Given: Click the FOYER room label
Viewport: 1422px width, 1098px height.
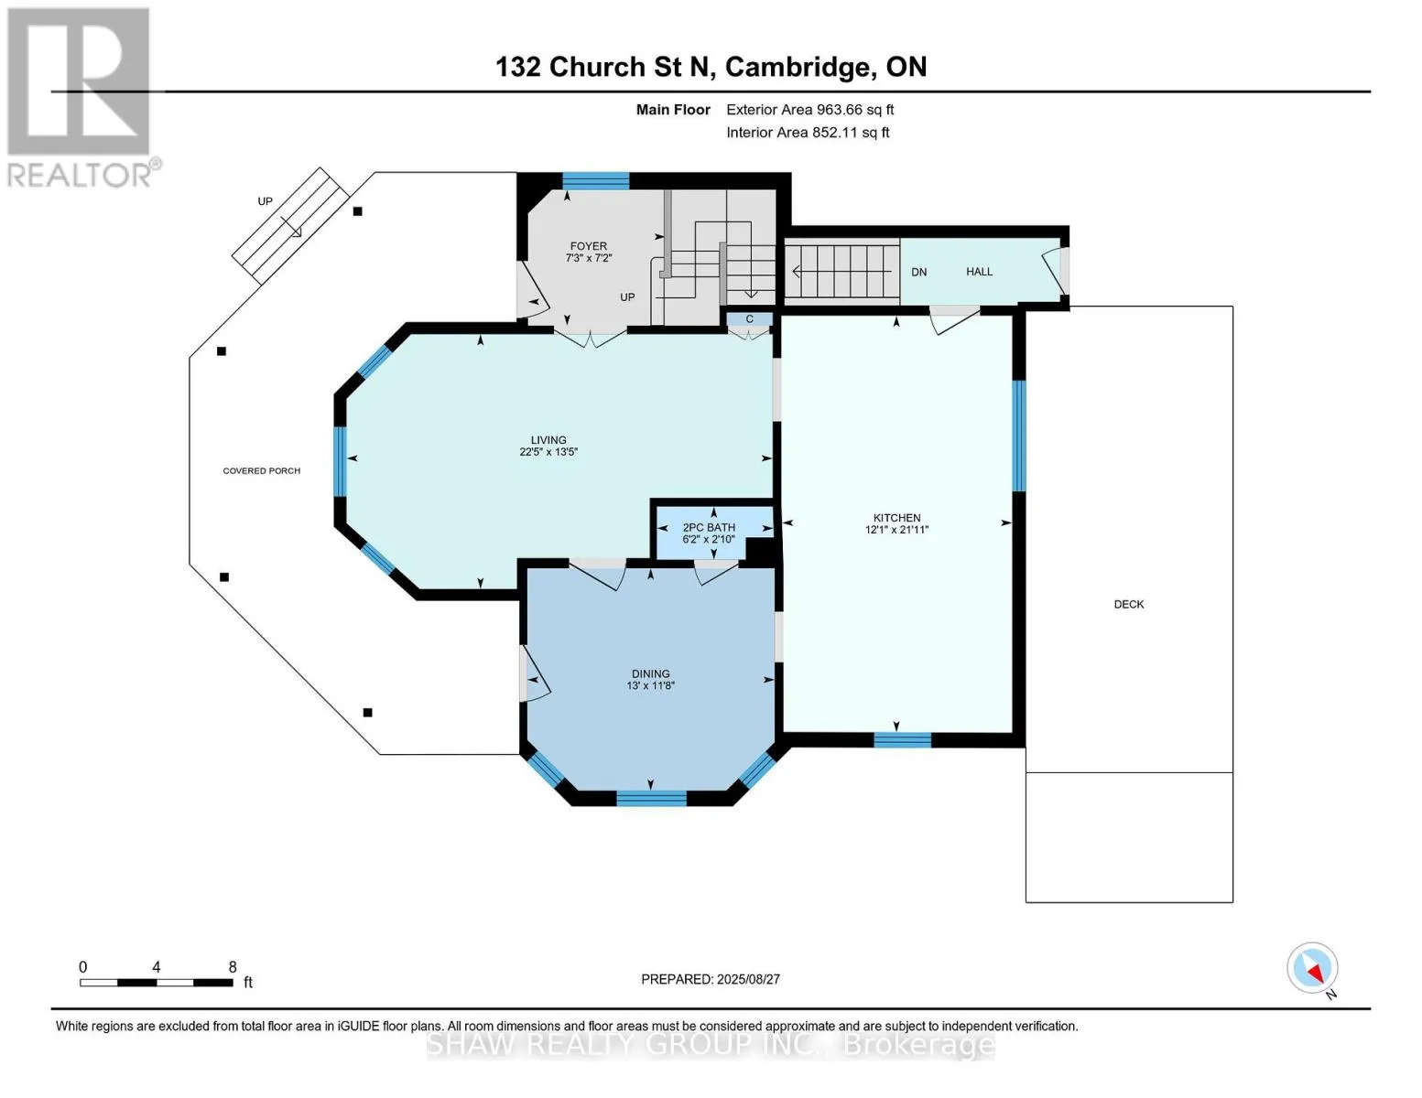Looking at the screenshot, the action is click(588, 246).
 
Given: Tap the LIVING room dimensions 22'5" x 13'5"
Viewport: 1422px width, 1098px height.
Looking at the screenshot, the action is click(548, 452).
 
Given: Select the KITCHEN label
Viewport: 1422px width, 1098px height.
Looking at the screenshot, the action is click(896, 517).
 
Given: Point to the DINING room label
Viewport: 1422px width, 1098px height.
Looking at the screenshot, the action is click(650, 673).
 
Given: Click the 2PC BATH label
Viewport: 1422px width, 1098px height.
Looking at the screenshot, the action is click(709, 527).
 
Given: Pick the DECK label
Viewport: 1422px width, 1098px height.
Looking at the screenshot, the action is click(1129, 604).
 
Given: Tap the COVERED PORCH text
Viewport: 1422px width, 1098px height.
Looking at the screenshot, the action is click(262, 471).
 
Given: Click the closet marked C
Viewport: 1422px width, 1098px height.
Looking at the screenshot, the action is click(749, 319).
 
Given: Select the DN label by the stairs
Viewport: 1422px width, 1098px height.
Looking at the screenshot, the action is click(918, 272).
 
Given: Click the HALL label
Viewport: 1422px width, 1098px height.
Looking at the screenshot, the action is click(979, 272).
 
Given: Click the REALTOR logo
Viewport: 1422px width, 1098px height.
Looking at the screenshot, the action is click(81, 98).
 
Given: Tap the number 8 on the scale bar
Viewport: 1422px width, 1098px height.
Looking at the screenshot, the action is click(233, 966).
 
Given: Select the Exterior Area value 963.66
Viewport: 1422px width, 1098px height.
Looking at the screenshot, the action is click(839, 110).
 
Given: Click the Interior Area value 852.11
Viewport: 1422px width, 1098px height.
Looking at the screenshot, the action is click(834, 133).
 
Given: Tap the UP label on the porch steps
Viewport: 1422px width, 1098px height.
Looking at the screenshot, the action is click(265, 201).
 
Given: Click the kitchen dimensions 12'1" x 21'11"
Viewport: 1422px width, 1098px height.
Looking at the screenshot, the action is click(896, 530).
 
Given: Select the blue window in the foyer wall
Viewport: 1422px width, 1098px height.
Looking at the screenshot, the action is click(595, 180).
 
